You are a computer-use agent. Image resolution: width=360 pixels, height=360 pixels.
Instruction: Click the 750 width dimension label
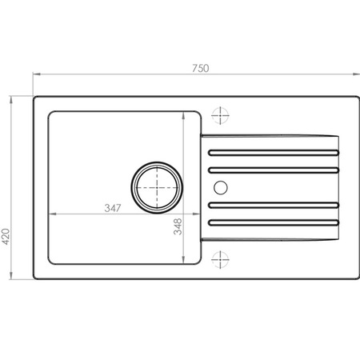coord(201,68)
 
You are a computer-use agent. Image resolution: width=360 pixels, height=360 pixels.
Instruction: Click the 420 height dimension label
coord(6,236)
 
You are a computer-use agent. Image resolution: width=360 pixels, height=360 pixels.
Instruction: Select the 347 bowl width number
coord(113,208)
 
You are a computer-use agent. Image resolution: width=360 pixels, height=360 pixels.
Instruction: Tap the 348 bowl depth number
coord(178,226)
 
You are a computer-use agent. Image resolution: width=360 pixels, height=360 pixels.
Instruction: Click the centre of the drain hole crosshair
coord(157,187)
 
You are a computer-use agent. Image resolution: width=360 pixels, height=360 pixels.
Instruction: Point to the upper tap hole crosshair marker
coord(220,115)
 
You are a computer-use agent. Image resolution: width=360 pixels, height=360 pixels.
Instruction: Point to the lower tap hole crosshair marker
coord(220,259)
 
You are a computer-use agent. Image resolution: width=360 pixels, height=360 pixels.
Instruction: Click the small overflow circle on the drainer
coord(221,187)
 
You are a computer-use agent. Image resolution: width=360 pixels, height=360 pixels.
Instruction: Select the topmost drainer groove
coord(274,153)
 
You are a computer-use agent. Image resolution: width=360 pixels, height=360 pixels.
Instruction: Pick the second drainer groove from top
coord(274,170)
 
